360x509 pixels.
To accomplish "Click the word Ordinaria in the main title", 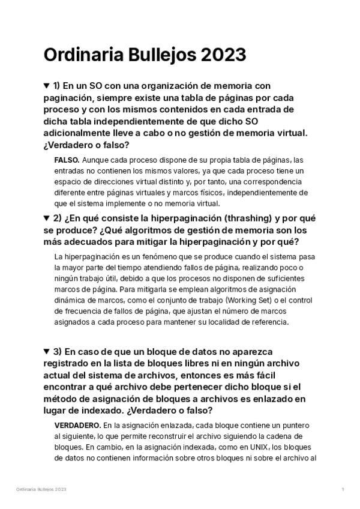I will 81,55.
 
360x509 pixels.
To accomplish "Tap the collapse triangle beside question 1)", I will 47,86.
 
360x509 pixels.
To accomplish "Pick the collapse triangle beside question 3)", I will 47,351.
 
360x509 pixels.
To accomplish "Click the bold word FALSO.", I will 67,160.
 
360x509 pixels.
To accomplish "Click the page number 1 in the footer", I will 343,490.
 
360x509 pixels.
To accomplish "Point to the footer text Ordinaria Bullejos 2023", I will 41,490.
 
